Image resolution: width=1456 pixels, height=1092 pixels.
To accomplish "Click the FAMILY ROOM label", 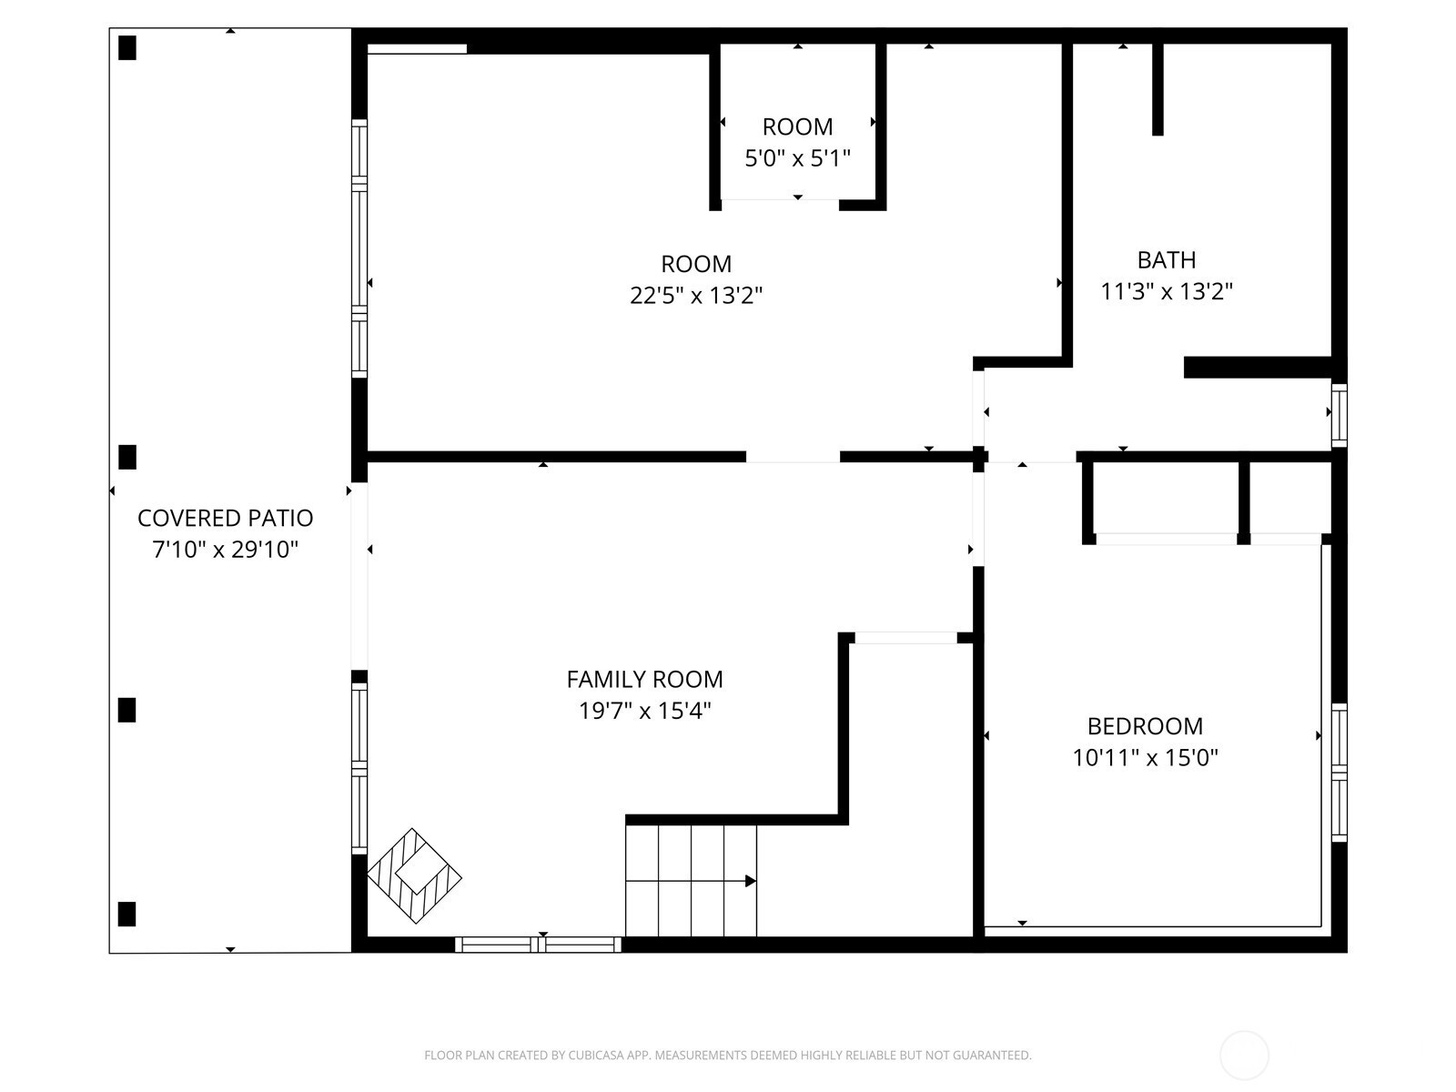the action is (644, 679).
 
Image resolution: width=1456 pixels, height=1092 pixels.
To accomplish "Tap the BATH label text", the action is (1166, 260).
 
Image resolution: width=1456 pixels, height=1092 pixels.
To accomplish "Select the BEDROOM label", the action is (1145, 726).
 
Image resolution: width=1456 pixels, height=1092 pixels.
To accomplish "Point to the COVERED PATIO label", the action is (225, 518).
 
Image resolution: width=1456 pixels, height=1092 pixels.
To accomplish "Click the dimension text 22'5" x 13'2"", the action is (696, 295).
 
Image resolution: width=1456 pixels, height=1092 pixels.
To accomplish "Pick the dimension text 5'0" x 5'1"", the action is (797, 158).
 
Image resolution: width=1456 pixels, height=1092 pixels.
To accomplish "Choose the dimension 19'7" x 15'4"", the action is (644, 711).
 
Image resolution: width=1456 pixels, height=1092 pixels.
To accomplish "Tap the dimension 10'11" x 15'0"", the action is (1145, 757).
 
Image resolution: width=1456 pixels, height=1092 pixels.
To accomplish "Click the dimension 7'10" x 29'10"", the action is (225, 550).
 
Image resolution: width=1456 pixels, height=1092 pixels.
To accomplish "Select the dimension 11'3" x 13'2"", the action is (1166, 292).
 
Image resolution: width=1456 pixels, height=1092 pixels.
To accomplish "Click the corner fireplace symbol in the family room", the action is (415, 875).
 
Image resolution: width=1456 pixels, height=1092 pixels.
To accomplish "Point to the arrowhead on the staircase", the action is (750, 881).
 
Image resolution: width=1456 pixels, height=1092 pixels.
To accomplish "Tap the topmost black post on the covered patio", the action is (127, 47).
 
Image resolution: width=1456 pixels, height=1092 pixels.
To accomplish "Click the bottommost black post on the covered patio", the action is (127, 914).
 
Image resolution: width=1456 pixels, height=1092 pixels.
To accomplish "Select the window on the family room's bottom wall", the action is (538, 945).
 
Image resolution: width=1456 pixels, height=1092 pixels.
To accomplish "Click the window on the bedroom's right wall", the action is (1340, 773).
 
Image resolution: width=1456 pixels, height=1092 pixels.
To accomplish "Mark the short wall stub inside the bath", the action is (1158, 89).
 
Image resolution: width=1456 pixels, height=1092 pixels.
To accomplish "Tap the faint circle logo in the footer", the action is (1244, 1056).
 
